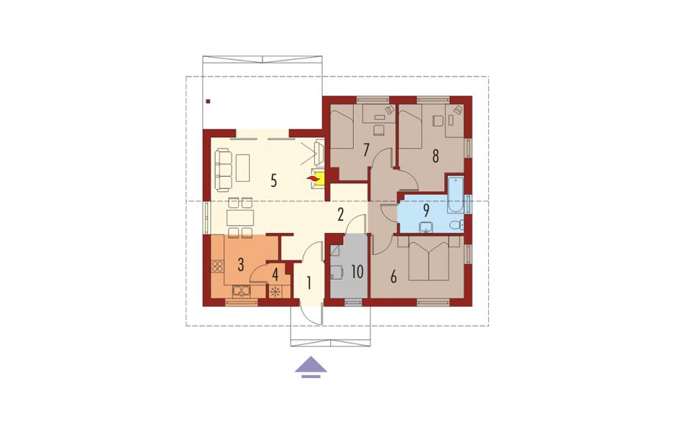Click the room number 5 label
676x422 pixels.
[x=274, y=181]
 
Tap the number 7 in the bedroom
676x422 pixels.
[x=367, y=150]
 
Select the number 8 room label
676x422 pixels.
[x=435, y=156]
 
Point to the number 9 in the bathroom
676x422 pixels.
[x=426, y=210]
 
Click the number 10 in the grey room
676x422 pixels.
[x=357, y=272]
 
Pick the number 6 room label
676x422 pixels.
[x=393, y=277]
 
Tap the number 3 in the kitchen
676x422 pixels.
[x=241, y=265]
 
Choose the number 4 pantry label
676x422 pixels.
[x=275, y=274]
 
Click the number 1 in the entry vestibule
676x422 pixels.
[x=309, y=283]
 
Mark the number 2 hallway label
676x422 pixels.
[x=341, y=214]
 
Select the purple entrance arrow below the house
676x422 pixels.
[x=311, y=367]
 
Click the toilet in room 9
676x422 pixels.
[x=457, y=224]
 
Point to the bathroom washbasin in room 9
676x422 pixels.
[x=426, y=226]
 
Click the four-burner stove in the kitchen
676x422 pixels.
[x=217, y=266]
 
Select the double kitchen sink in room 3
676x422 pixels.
[x=242, y=292]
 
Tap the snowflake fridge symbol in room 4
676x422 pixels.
[x=275, y=292]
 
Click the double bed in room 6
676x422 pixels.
[x=429, y=259]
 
